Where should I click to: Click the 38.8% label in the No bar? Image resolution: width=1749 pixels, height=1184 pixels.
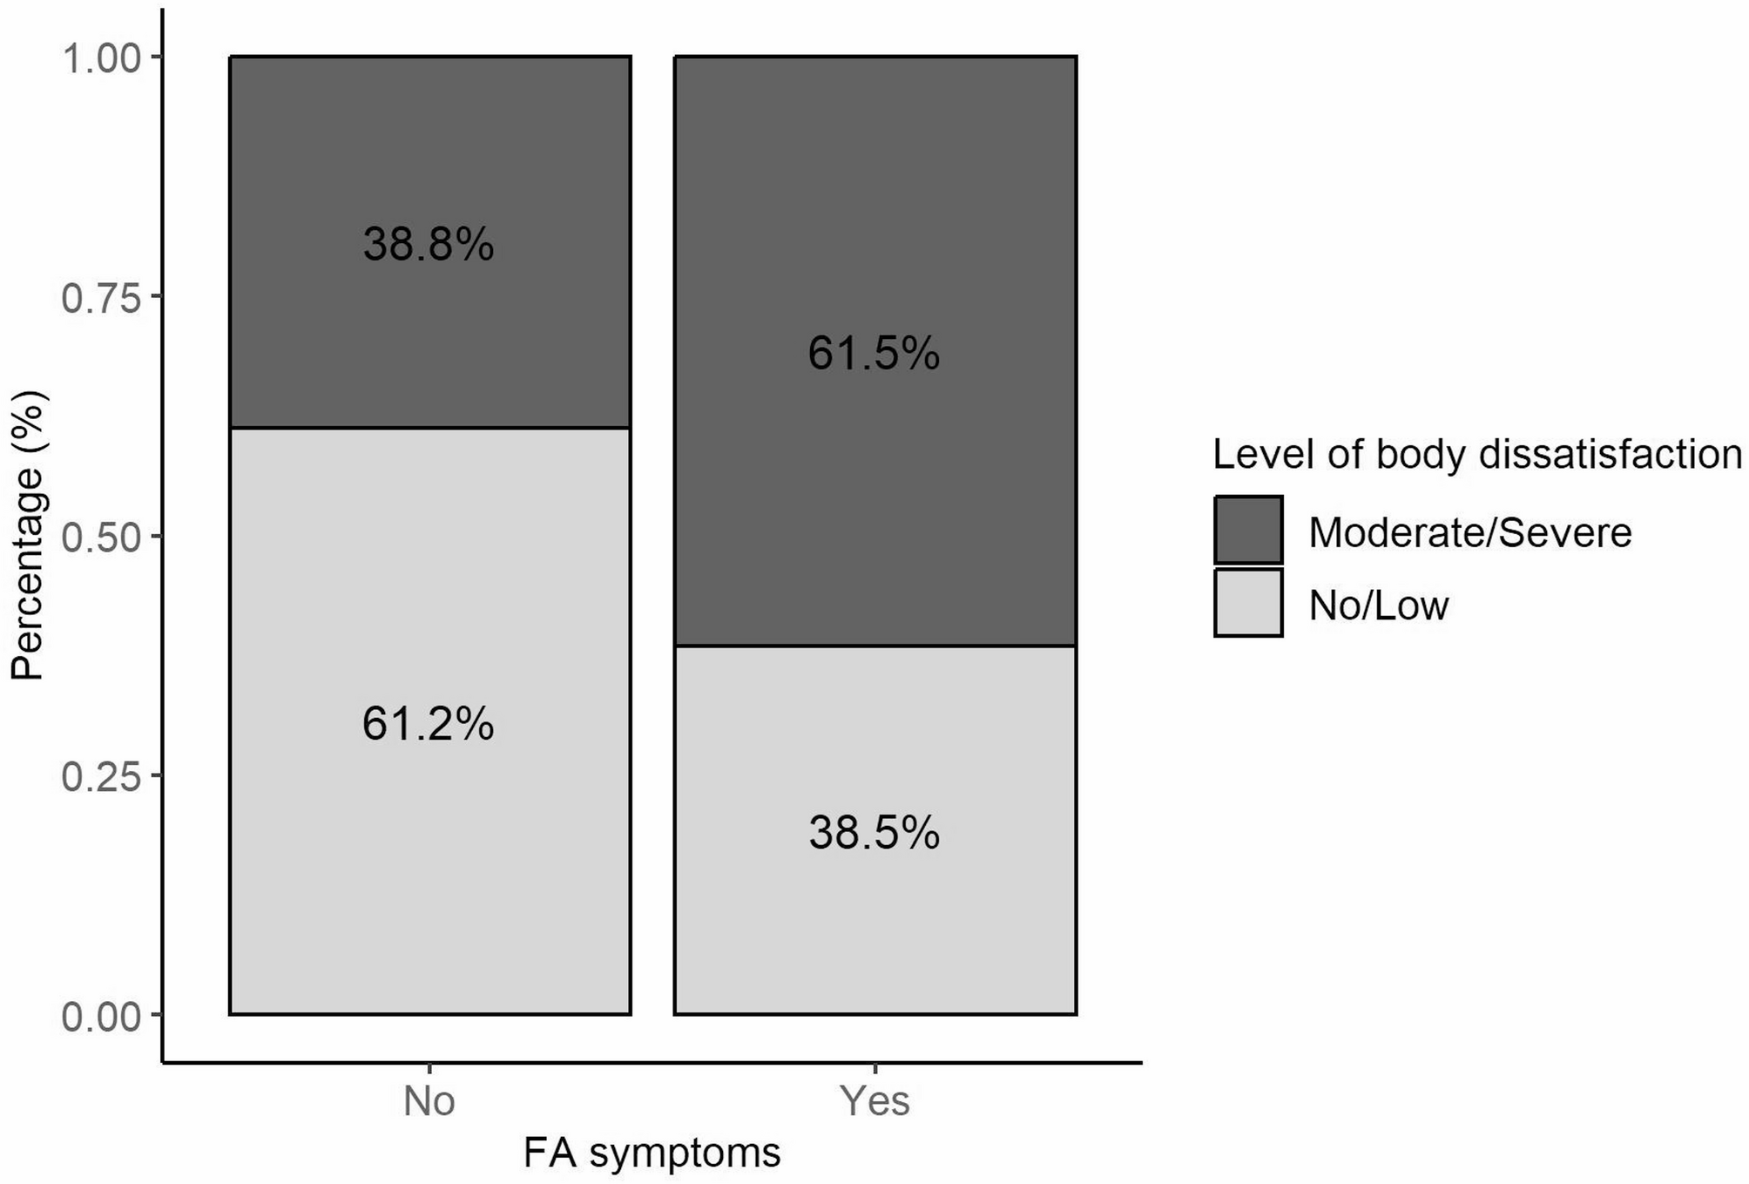tap(429, 245)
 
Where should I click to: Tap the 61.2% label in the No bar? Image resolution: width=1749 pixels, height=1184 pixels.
tap(429, 724)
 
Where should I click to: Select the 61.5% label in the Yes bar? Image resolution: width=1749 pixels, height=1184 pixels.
tap(874, 355)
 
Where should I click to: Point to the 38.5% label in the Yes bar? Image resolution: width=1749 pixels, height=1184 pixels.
tap(874, 833)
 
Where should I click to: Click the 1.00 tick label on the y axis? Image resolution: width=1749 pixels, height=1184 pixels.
tap(101, 58)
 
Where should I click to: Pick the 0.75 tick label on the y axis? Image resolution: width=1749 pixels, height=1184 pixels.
tap(101, 298)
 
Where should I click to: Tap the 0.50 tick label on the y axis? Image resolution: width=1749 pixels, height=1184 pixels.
tap(101, 538)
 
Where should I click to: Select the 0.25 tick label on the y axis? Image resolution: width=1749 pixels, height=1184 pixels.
tap(101, 777)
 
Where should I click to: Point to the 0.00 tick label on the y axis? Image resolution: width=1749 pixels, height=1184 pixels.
tap(101, 1017)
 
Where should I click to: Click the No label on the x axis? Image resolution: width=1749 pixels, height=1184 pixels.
tap(429, 1101)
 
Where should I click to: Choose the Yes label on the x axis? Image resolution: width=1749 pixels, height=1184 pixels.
tap(874, 1101)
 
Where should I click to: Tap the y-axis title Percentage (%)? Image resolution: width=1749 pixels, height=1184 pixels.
tap(28, 535)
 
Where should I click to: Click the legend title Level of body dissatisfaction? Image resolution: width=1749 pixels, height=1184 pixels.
tap(1477, 455)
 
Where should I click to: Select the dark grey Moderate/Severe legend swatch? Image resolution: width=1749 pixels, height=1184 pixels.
tap(1248, 531)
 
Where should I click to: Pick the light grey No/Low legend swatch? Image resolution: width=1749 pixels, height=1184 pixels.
tap(1248, 604)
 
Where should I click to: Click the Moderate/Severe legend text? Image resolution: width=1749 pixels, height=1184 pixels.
tap(1470, 532)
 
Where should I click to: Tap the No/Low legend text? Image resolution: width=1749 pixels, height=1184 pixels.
tap(1379, 606)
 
